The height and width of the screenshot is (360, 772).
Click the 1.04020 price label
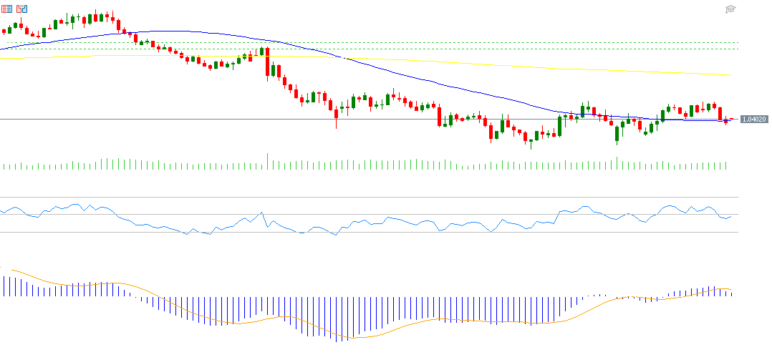point(754,120)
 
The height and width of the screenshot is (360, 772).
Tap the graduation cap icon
point(730,9)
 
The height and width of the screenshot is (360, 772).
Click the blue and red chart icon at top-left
point(21,9)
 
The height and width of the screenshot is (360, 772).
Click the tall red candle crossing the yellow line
point(267,62)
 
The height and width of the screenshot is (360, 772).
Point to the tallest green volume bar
point(268,161)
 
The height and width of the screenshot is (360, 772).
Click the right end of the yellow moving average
point(730,74)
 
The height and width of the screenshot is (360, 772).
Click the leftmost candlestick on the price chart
point(5,31)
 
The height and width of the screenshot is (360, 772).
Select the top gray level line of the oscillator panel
point(358,197)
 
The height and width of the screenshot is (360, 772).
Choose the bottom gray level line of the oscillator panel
point(358,232)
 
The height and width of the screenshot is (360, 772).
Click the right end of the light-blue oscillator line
point(731,215)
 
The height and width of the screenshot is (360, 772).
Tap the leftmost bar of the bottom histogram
point(2,286)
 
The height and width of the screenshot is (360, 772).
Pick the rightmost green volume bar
point(726,165)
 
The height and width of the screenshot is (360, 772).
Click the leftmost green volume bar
point(5,166)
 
